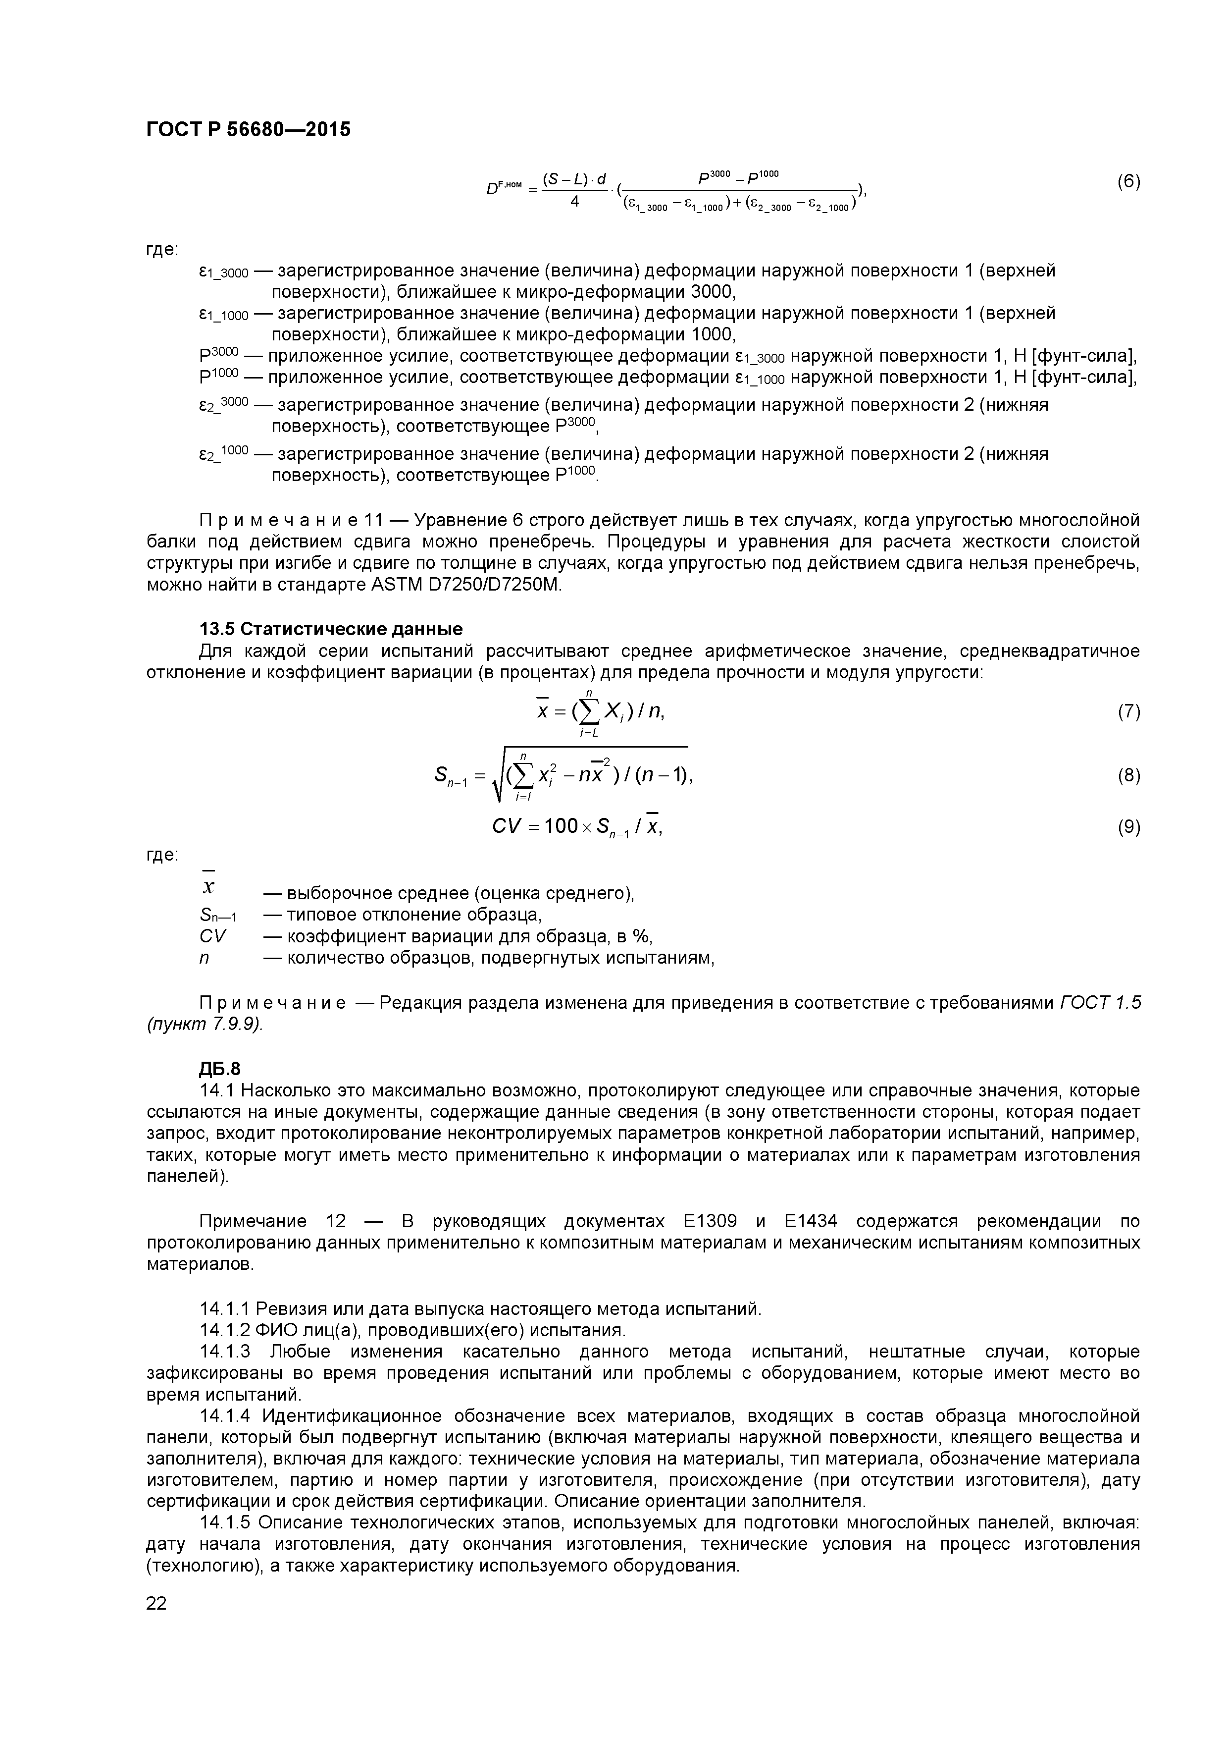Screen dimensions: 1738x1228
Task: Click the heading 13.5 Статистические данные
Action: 330,630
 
